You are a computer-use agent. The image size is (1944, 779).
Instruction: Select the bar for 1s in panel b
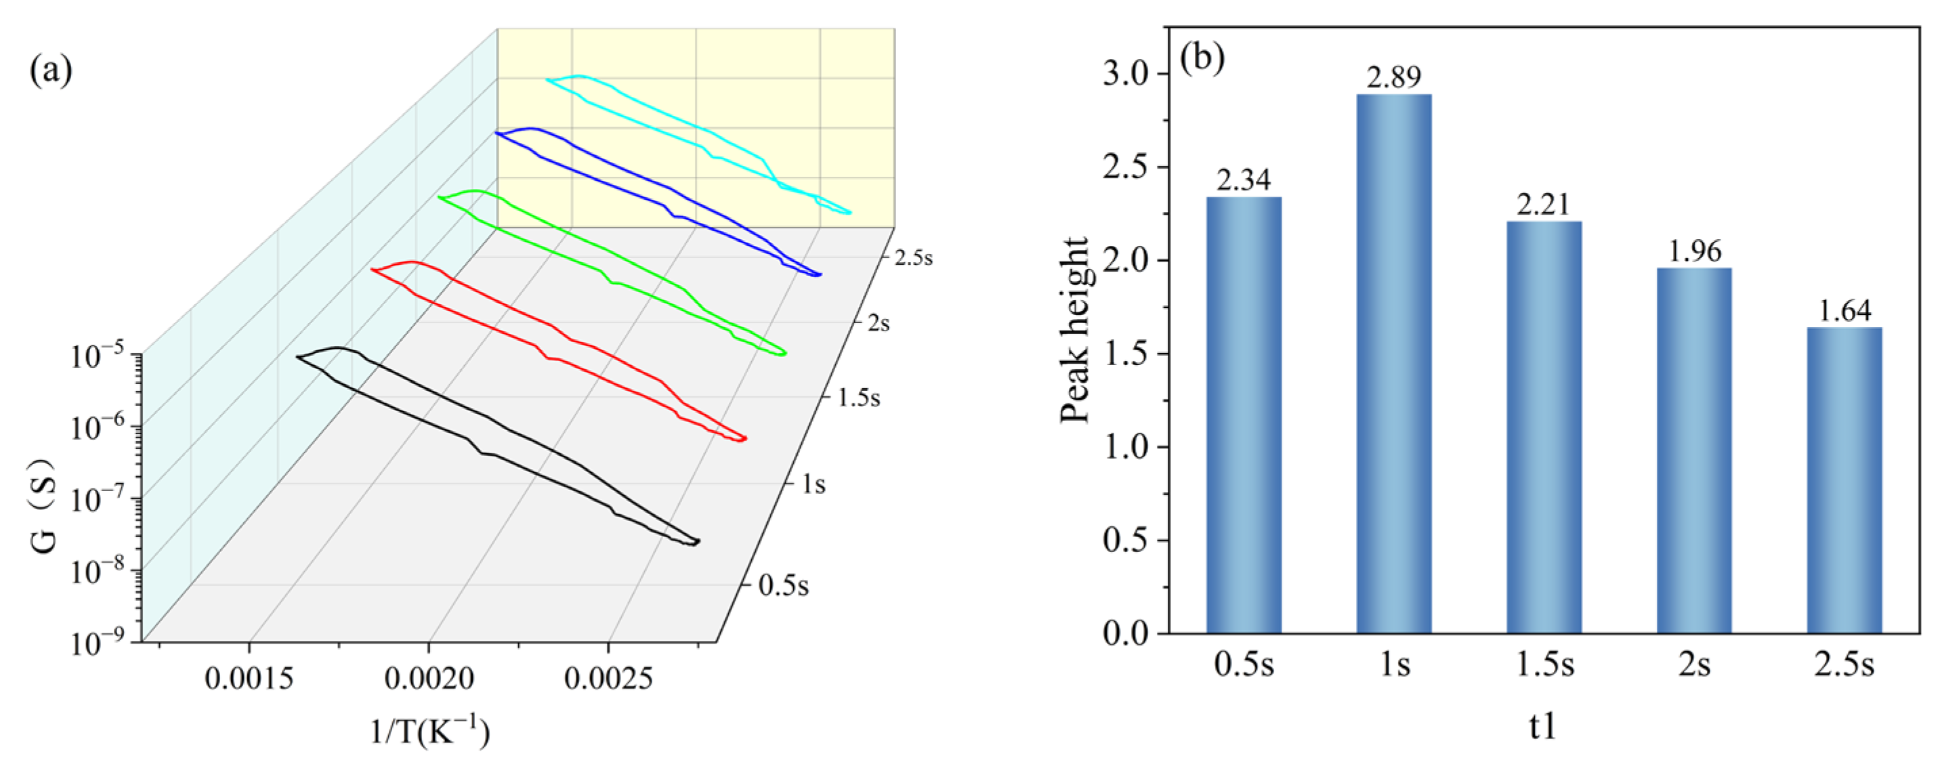(x=1394, y=362)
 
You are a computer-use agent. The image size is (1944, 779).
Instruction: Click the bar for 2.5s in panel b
(x=1844, y=480)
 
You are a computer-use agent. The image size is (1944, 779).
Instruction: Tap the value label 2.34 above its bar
(x=1244, y=180)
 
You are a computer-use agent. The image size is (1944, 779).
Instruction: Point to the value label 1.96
(x=1694, y=251)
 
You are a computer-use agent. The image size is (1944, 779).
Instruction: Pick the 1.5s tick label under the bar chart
(x=1545, y=665)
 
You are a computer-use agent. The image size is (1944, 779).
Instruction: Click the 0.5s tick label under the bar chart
(x=1244, y=665)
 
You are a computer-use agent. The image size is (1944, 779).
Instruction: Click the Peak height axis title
(x=1076, y=330)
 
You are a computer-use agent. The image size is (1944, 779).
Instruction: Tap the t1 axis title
(x=1543, y=726)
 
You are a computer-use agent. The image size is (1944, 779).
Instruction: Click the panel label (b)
(x=1202, y=58)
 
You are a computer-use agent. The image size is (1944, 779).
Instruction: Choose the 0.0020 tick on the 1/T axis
(x=429, y=679)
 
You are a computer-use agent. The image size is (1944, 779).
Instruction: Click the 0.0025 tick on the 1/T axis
(x=608, y=679)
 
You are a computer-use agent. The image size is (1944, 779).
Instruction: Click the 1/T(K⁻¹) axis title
(x=429, y=732)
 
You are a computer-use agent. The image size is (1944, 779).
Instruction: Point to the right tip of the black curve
(x=699, y=541)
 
